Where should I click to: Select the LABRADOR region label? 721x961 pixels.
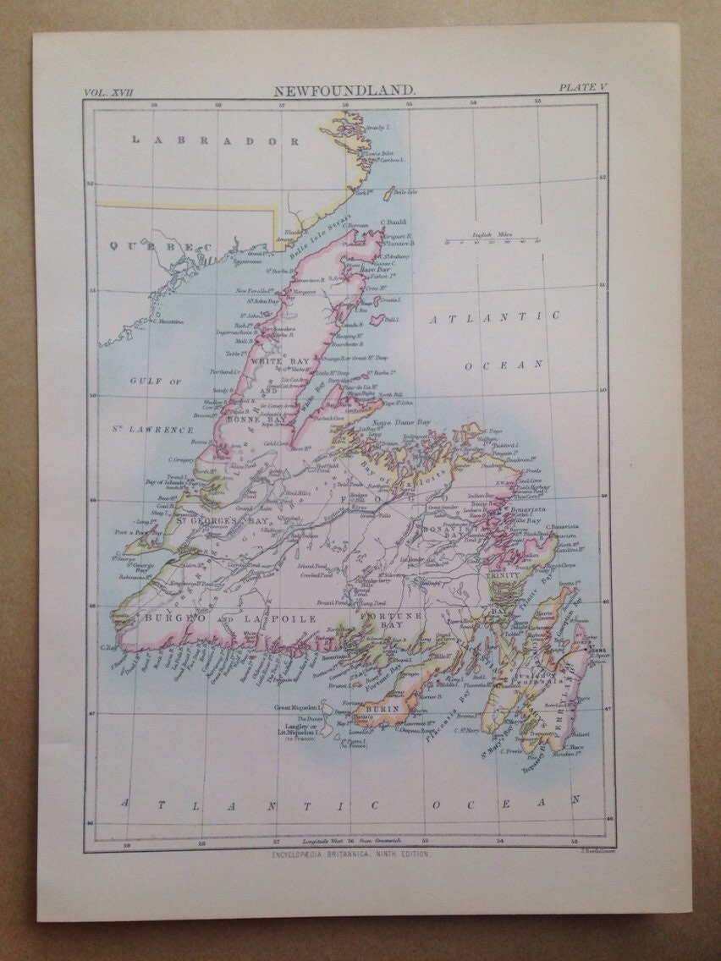click(x=215, y=140)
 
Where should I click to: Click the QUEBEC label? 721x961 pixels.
click(x=160, y=246)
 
